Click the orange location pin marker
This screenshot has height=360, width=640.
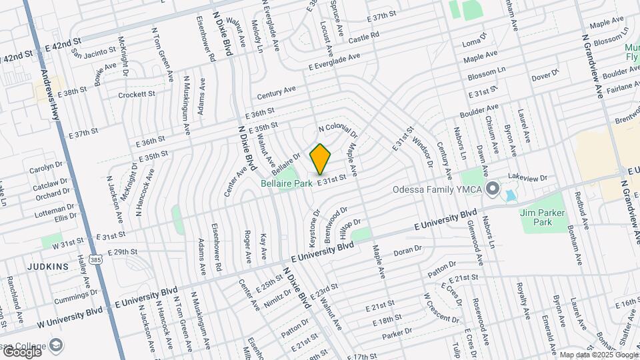point(321,159)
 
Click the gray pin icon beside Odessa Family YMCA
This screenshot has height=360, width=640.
point(493,189)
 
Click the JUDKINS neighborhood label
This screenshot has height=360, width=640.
point(47,267)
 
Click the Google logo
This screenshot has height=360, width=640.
point(21,351)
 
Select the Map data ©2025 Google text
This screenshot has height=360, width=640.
point(597,355)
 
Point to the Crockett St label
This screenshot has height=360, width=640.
point(137,95)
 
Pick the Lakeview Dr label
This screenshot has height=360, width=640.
point(527,178)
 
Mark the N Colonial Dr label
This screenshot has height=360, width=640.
point(338,127)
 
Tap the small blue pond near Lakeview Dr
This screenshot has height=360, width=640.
point(510,196)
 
